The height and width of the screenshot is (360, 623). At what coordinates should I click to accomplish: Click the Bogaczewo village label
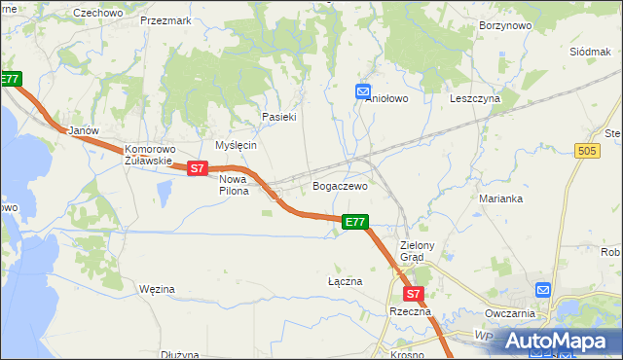coord(340,186)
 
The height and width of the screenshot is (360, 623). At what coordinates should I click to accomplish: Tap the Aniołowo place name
coord(385,98)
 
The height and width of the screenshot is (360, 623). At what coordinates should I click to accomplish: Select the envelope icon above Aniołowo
coord(363,91)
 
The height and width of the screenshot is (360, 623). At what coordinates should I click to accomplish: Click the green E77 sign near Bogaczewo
coord(355,222)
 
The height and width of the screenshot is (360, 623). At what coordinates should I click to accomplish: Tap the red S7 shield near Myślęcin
coord(198,168)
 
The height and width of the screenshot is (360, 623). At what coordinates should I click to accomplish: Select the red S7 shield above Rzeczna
coord(412,293)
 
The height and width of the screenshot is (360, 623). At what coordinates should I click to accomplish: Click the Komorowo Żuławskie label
coord(149,156)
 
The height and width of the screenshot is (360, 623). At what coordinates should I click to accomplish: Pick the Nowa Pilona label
coord(234,185)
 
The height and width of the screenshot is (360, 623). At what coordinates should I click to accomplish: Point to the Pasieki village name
coord(278,117)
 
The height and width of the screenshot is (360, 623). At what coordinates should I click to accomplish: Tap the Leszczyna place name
coord(475,98)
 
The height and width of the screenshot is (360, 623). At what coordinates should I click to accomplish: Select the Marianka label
coord(501,198)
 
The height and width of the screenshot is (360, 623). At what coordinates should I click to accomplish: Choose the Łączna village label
coord(345,281)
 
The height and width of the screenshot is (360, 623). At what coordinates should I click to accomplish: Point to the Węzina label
coord(157,289)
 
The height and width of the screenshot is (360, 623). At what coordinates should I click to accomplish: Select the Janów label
coord(79,129)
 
